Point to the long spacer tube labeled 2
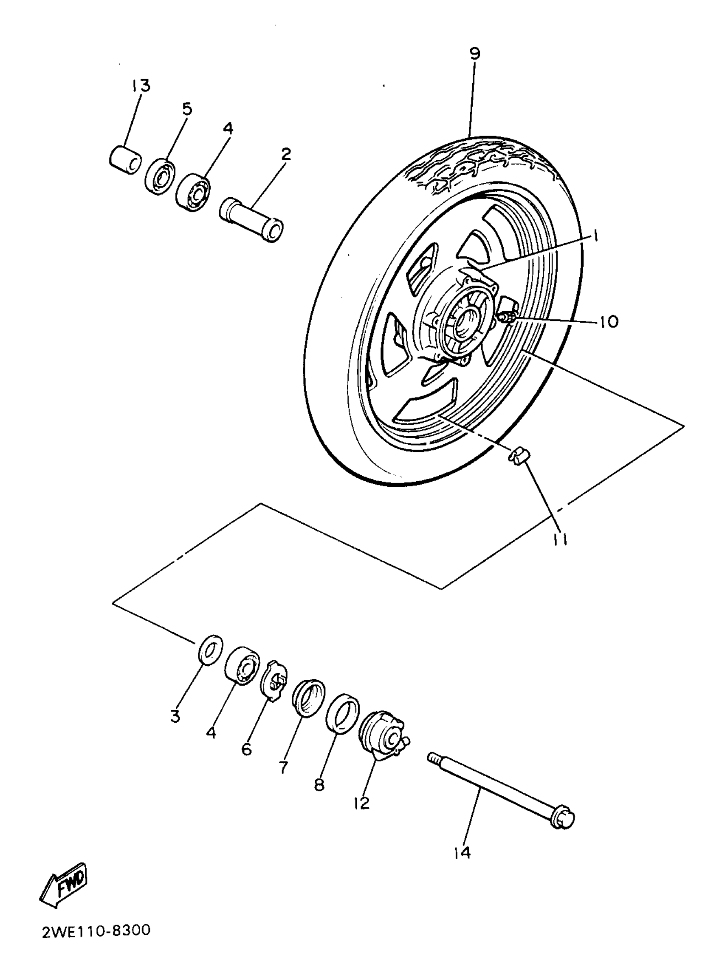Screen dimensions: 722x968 (252, 220)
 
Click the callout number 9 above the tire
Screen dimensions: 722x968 (475, 54)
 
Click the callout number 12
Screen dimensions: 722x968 (362, 803)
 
